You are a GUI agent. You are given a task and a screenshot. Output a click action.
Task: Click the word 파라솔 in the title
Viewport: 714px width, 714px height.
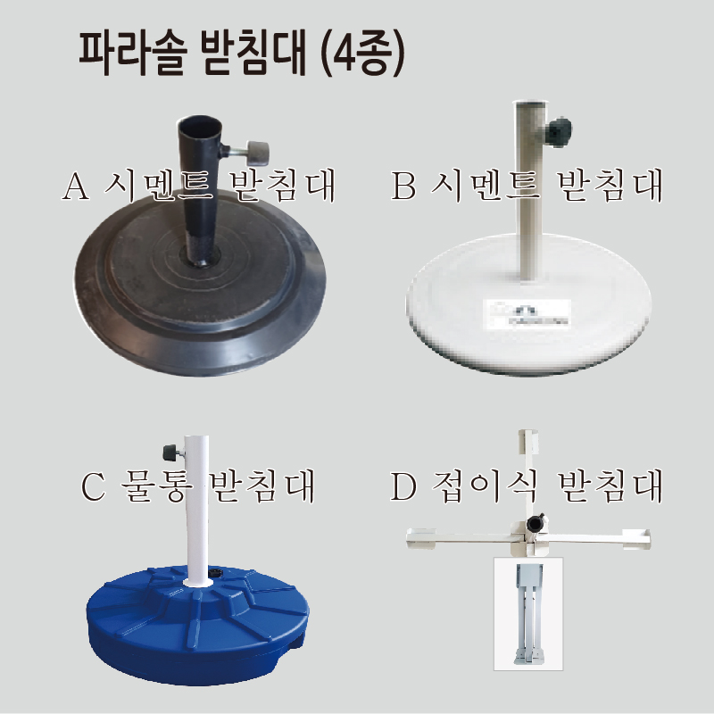click(x=132, y=54)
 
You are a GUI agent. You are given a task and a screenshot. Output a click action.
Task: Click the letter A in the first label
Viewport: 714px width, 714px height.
click(x=76, y=186)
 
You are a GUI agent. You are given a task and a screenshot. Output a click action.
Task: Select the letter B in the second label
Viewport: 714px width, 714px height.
click(x=403, y=186)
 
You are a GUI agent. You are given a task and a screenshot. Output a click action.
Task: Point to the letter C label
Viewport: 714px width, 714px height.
click(x=93, y=486)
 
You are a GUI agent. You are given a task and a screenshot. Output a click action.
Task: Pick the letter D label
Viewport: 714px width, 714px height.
click(x=403, y=486)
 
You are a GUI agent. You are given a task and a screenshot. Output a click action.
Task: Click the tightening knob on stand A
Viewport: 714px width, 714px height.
click(x=257, y=153)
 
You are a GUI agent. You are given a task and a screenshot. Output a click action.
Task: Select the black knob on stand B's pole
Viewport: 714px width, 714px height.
click(x=559, y=132)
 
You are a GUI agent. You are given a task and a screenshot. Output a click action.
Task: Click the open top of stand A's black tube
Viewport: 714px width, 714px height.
click(x=199, y=125)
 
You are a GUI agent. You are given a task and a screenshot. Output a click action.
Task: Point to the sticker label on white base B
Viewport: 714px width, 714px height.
click(x=527, y=314)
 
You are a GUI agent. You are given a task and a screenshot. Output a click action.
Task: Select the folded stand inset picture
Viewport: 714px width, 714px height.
click(x=528, y=614)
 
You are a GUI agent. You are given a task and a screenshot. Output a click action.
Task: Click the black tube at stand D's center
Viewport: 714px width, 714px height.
click(x=535, y=523)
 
